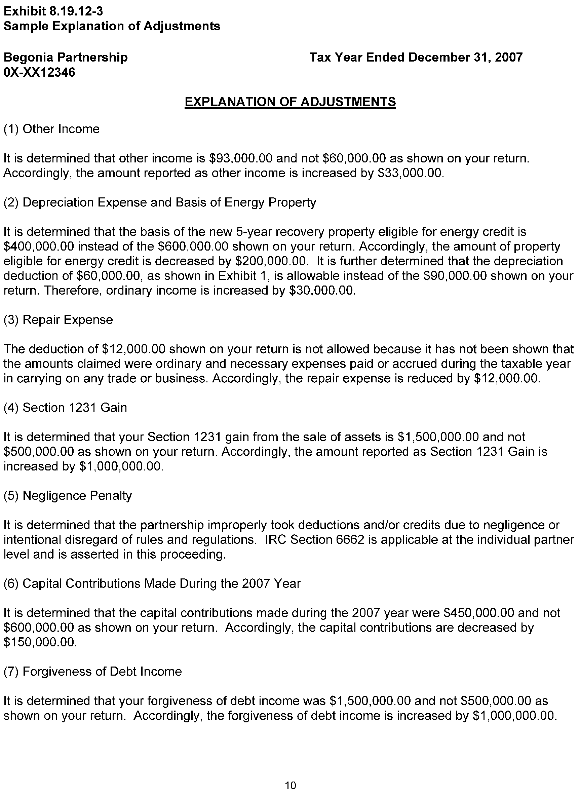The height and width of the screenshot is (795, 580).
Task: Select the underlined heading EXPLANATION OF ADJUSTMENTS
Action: (x=290, y=102)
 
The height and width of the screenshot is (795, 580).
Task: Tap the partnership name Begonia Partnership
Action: (x=65, y=57)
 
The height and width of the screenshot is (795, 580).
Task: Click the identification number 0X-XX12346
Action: (x=39, y=72)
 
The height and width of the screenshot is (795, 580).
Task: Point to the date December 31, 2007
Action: (x=466, y=57)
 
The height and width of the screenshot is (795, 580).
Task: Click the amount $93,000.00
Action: (x=240, y=158)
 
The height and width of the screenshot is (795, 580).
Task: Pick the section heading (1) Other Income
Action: (x=51, y=129)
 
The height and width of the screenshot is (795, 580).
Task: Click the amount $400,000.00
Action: (x=39, y=247)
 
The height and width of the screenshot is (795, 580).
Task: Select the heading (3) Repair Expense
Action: (x=58, y=320)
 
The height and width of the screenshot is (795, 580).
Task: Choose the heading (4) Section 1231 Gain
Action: (x=65, y=408)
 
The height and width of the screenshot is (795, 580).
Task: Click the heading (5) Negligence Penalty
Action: (x=68, y=495)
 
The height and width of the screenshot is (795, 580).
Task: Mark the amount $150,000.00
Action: (x=39, y=642)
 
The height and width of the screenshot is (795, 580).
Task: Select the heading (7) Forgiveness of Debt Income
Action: (x=93, y=671)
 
